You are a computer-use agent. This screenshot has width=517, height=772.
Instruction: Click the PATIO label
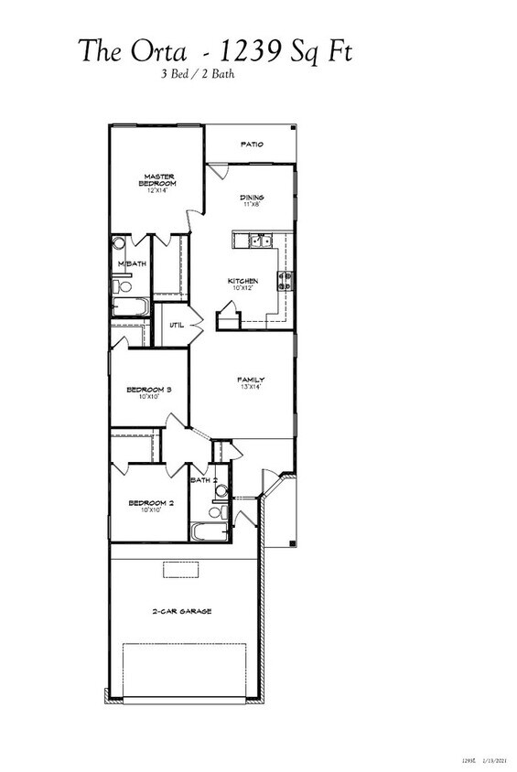click(x=252, y=145)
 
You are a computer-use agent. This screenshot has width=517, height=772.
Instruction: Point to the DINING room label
click(x=252, y=198)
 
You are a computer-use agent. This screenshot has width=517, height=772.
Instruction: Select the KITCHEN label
click(x=242, y=281)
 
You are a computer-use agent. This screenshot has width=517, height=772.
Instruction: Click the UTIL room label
click(x=177, y=324)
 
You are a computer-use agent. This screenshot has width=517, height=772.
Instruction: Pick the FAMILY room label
click(x=251, y=380)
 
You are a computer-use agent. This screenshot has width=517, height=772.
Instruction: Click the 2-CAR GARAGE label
click(x=181, y=611)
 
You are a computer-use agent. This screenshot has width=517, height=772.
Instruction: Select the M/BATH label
click(x=131, y=263)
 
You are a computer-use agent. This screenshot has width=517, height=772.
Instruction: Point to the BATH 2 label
click(x=203, y=479)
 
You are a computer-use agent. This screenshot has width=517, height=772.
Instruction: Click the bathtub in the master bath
click(x=129, y=306)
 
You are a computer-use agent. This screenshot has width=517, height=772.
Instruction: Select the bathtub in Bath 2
click(x=204, y=532)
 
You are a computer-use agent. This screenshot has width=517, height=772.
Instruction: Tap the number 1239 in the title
click(x=242, y=50)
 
